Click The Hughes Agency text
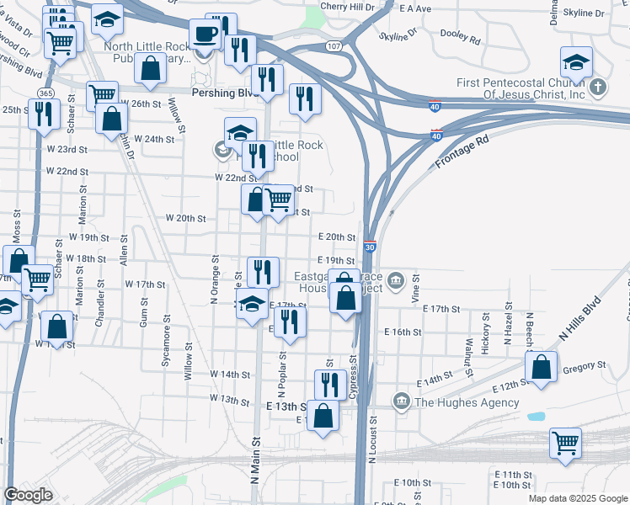[467, 402]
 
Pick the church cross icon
[596, 87]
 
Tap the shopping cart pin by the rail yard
[565, 442]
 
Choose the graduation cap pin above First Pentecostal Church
[577, 61]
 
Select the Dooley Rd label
[462, 40]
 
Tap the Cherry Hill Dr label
[345, 6]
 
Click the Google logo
[28, 495]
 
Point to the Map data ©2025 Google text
[577, 498]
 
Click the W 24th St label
[152, 139]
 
